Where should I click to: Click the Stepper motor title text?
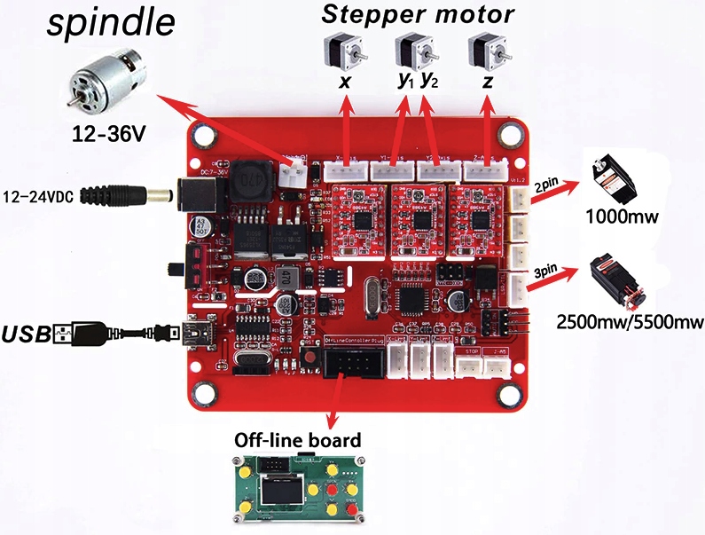pos(418,15)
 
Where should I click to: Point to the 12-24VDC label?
pos(41,195)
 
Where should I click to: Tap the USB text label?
pos(26,334)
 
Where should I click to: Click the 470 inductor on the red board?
pos(249,184)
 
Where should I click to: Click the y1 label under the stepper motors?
pos(406,81)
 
